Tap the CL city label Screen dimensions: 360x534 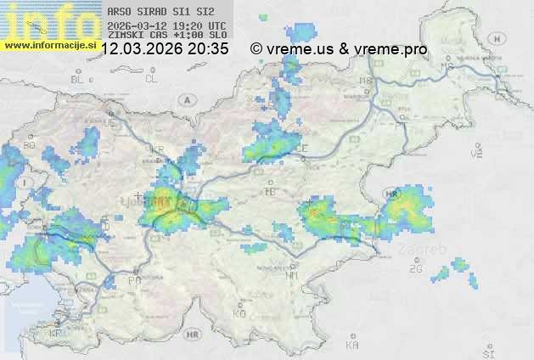pyautogui.click(x=151, y=79)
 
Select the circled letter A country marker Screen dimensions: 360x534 pyautogui.click(x=186, y=99)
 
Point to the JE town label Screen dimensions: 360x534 pyautogui.click(x=110, y=122)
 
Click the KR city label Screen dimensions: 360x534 pyautogui.click(x=156, y=149)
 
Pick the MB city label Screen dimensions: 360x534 pyautogui.click(x=366, y=81)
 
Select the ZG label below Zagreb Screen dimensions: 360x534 pyautogui.click(x=415, y=269)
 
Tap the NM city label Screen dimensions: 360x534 pyautogui.click(x=292, y=275)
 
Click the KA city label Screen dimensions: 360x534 pyautogui.click(x=352, y=346)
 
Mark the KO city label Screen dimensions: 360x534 pyautogui.click(x=239, y=313)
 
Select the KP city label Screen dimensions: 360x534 pyautogui.click(x=56, y=334)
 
